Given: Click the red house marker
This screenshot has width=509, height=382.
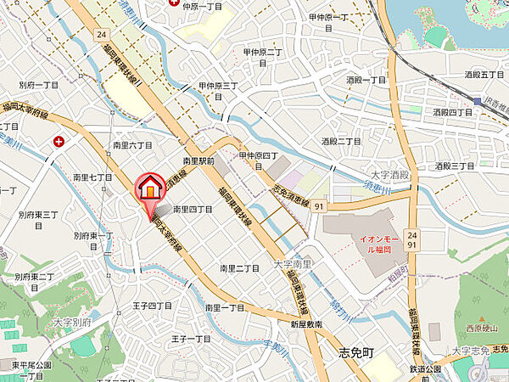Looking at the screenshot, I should (148, 187).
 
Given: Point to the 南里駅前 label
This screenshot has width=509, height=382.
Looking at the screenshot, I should (199, 160).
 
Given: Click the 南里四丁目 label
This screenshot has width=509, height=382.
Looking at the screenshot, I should (192, 208).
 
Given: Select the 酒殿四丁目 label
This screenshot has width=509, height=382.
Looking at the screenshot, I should (452, 111).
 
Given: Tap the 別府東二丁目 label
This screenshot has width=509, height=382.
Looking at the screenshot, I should (35, 277).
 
